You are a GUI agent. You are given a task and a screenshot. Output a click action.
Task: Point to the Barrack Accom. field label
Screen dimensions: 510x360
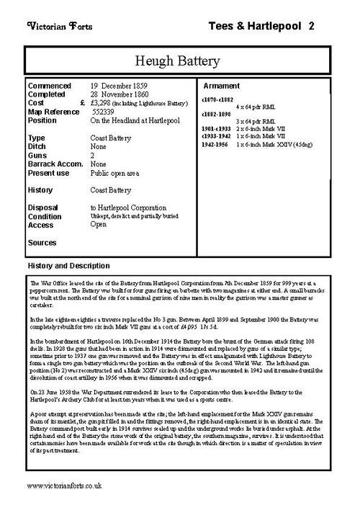(x=54, y=164)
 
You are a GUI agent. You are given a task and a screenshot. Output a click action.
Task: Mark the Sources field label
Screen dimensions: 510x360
(x=42, y=243)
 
